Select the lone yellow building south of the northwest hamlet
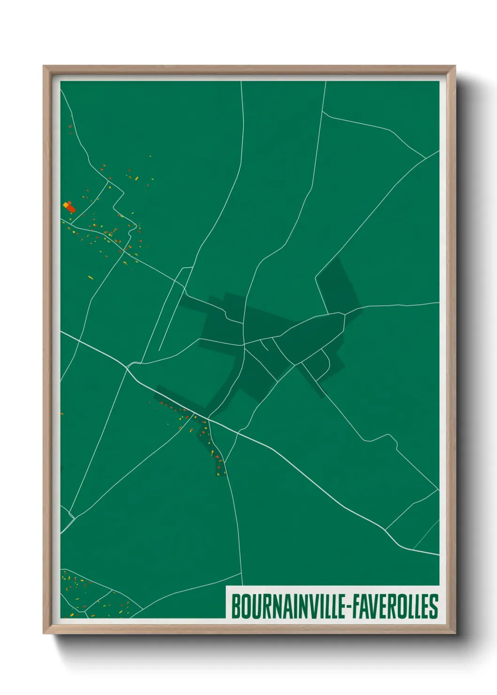pos(91,278)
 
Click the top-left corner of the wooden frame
pos(44,66)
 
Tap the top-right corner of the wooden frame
pos(455,66)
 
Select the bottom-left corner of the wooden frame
pos(44,634)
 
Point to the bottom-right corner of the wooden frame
pos(455,634)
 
